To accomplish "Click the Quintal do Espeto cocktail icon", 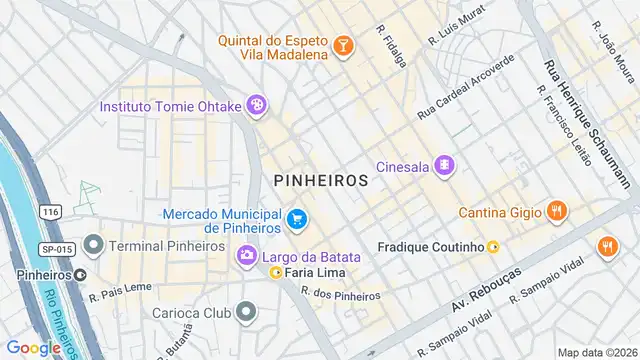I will tap(342, 45).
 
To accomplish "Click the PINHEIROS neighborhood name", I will tap(320, 181).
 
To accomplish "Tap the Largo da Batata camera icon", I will tap(246, 257).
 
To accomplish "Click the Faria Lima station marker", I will tap(275, 273).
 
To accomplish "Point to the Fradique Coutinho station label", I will tap(431, 246).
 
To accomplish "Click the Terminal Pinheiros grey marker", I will tap(94, 245).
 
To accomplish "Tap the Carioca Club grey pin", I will tap(246, 312).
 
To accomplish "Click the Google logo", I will tap(33, 348).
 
